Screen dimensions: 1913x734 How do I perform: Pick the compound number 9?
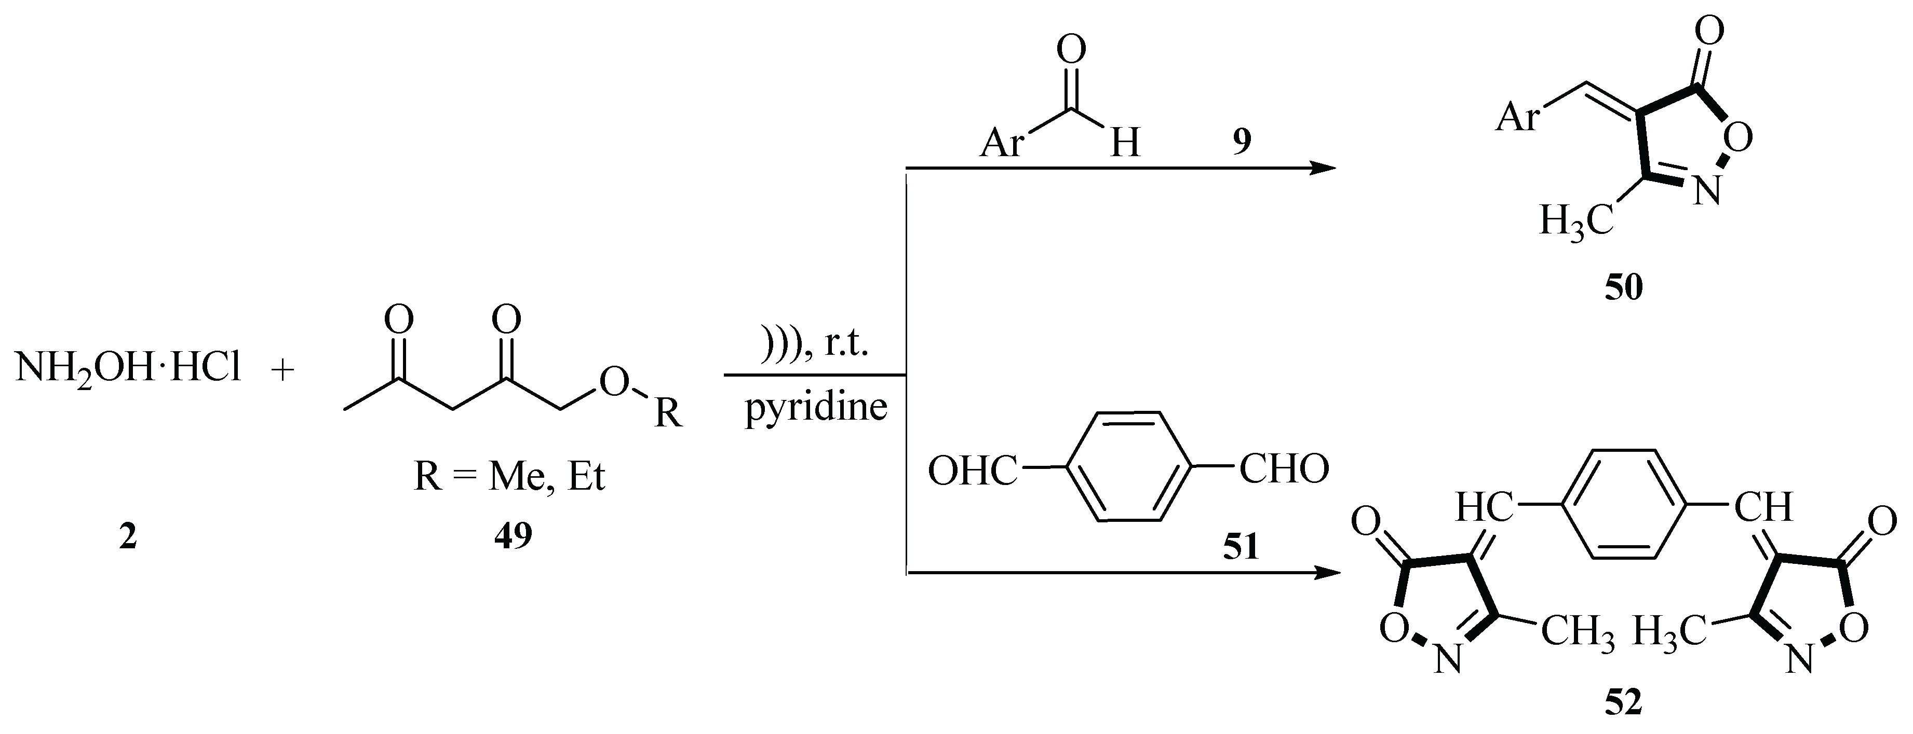tap(1242, 141)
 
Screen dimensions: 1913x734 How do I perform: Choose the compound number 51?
tap(1242, 547)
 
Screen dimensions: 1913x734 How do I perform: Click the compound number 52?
tap(1623, 702)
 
